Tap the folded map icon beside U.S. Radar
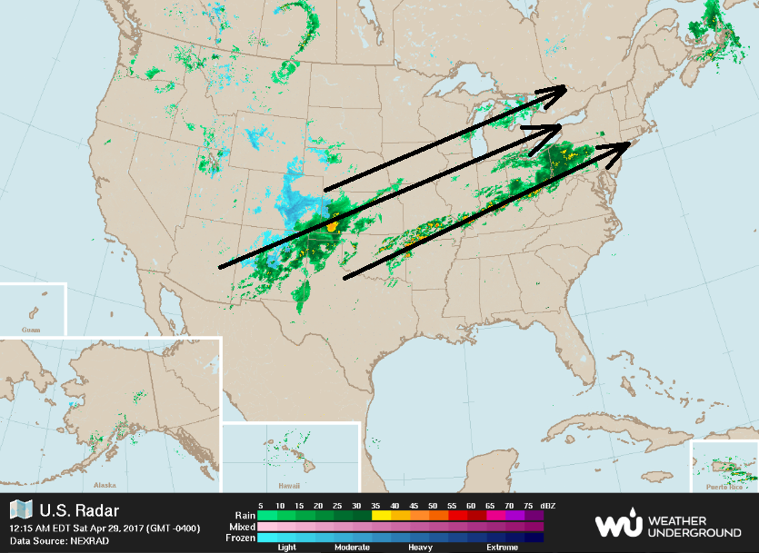coord(21,510)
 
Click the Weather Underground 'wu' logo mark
coord(616,525)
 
